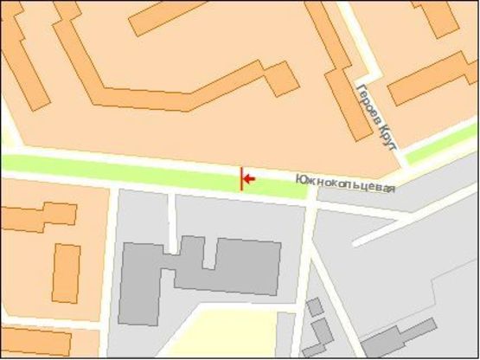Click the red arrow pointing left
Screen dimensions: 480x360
(248, 179)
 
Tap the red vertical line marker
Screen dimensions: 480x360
(241, 178)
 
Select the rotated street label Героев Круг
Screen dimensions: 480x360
(376, 118)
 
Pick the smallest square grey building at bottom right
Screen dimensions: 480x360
(315, 306)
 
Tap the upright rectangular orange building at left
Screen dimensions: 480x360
(66, 273)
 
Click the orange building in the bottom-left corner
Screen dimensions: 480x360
(35, 342)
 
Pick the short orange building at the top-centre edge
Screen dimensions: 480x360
(168, 16)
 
